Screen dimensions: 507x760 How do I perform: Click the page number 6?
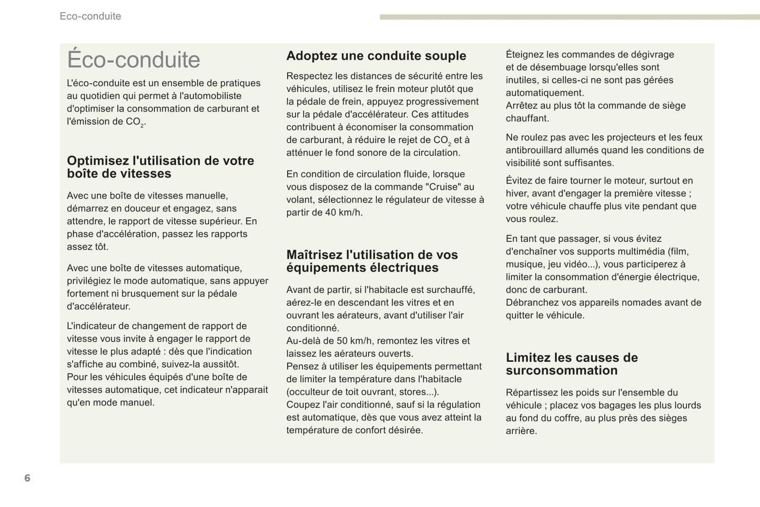click(27, 478)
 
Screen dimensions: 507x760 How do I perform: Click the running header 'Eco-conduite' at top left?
click(90, 16)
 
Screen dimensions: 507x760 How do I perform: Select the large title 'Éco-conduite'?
click(134, 59)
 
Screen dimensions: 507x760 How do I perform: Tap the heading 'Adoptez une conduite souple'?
click(376, 56)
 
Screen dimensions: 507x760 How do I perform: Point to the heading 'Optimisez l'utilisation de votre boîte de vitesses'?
click(160, 167)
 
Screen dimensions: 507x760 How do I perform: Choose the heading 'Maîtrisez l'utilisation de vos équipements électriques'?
click(372, 261)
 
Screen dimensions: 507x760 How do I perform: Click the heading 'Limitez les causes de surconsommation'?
click(572, 364)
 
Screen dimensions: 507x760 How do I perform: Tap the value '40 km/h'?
click(344, 212)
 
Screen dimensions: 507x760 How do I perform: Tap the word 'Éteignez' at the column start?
click(524, 54)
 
